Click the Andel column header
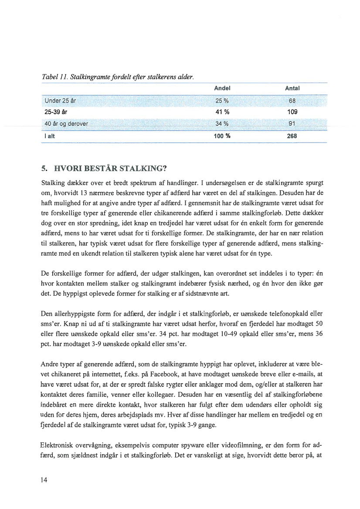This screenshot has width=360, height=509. tap(222, 88)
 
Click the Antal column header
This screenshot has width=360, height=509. tap(292, 88)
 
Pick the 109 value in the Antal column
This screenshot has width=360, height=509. tap(292, 112)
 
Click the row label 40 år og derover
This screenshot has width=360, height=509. tap(66, 123)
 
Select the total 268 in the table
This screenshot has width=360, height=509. tap(292, 136)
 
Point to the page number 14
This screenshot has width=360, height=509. tap(44, 480)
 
